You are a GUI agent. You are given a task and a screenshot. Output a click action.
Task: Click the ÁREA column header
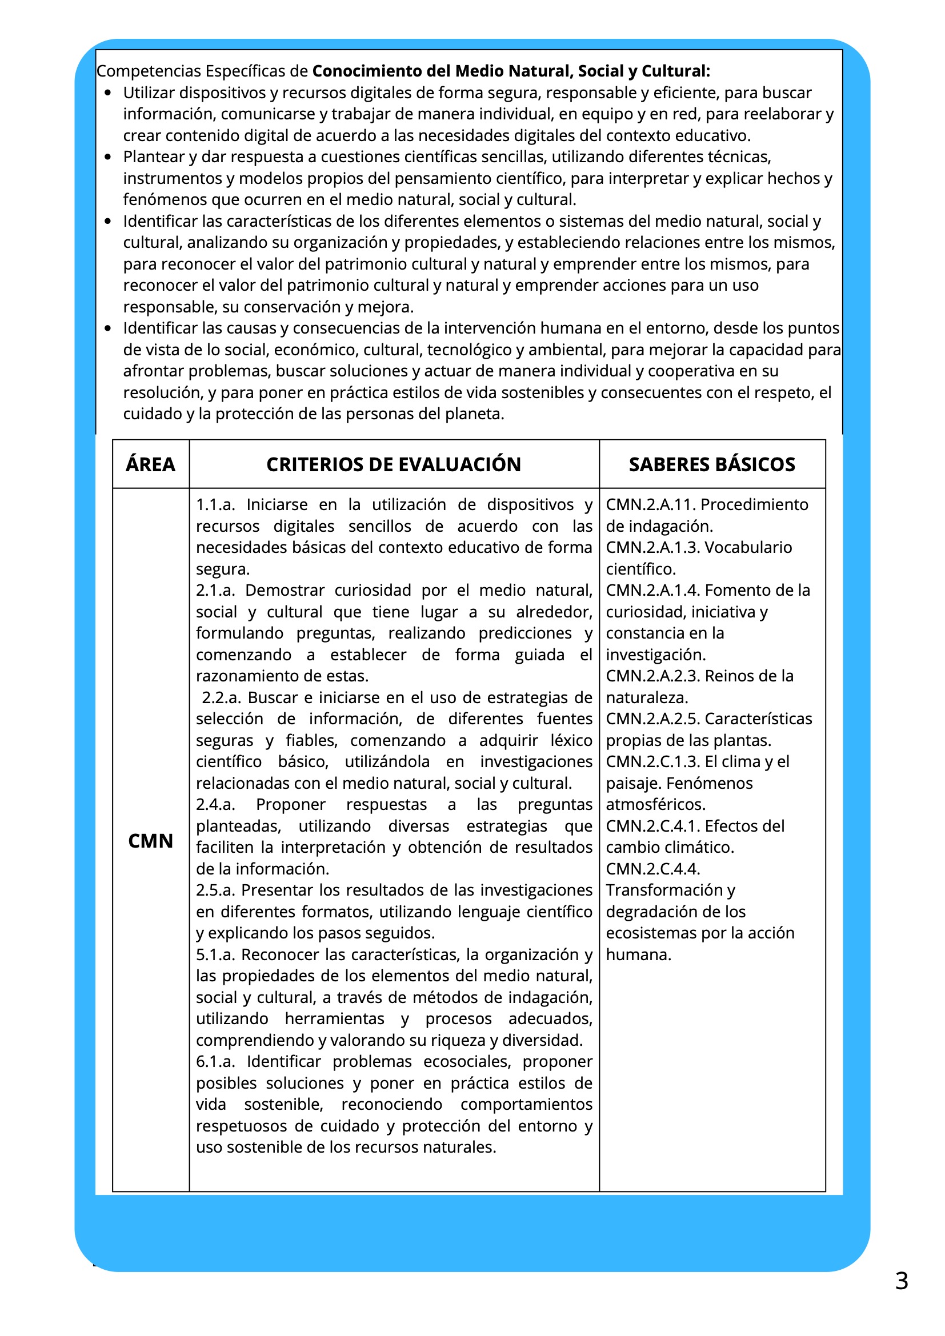tap(150, 464)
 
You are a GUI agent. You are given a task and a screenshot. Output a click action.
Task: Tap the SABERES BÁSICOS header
tap(712, 464)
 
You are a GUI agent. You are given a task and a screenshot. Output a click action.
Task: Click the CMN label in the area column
tap(150, 841)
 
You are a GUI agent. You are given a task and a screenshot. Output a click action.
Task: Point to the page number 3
tap(902, 1281)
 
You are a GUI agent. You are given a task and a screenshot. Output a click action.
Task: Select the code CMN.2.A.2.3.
tap(653, 676)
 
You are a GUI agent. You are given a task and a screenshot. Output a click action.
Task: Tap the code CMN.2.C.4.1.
tap(653, 826)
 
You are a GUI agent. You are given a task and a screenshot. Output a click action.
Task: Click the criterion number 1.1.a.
tap(215, 504)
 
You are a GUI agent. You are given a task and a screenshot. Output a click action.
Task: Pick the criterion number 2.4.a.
tap(215, 804)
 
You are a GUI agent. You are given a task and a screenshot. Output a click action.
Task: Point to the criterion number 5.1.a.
tap(215, 954)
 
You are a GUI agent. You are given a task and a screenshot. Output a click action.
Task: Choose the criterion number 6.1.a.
tap(215, 1061)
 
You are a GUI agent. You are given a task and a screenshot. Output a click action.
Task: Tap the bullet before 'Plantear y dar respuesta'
tap(107, 157)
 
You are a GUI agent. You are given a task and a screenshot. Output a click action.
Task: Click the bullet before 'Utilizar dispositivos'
tap(107, 93)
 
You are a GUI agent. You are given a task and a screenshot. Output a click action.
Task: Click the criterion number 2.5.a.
tap(215, 890)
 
